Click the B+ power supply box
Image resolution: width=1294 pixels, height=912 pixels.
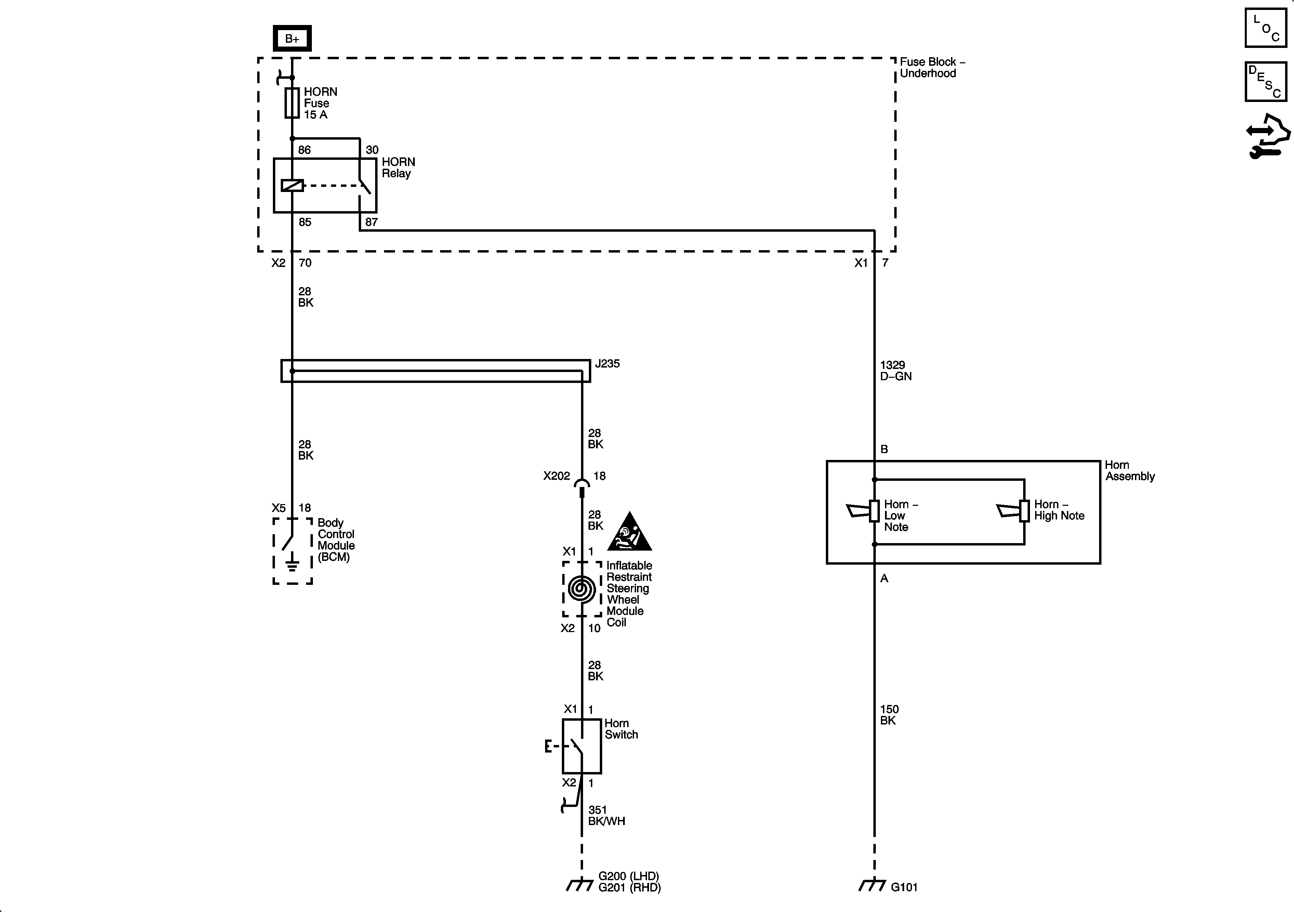tap(292, 38)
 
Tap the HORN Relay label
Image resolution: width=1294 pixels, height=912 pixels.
tap(398, 167)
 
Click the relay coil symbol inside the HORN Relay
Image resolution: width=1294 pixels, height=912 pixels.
tap(292, 185)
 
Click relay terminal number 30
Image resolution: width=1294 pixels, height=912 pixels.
tap(372, 150)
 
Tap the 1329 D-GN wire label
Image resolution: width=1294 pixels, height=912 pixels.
tap(896, 371)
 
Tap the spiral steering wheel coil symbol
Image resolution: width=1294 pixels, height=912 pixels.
tap(582, 589)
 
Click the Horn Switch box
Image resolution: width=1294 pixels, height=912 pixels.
tap(582, 746)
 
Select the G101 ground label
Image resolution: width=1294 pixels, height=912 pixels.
tap(904, 887)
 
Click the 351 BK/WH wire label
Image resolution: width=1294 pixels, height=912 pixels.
tap(606, 815)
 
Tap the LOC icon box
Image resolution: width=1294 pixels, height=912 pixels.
tap(1265, 28)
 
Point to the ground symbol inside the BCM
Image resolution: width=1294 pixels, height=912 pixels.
tap(292, 562)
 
